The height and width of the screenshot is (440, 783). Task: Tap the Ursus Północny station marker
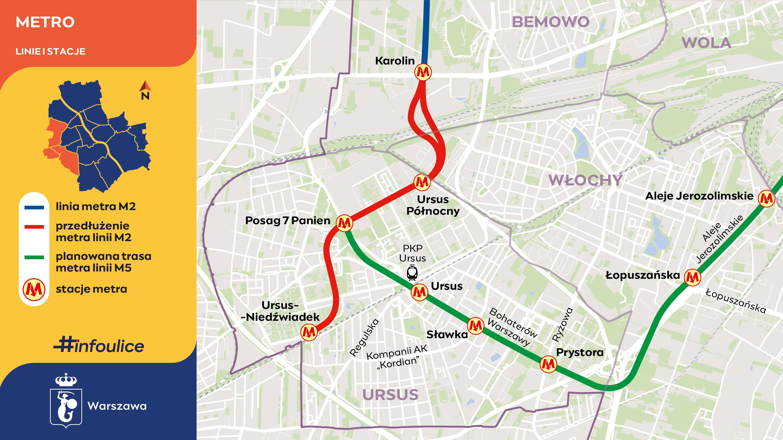pyautogui.click(x=422, y=182)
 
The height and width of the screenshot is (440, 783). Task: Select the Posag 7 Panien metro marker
pyautogui.click(x=344, y=223)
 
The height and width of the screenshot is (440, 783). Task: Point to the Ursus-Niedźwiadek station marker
pyautogui.click(x=309, y=332)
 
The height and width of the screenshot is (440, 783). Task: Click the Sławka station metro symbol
pyautogui.click(x=475, y=326)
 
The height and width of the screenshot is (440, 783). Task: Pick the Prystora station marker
pyautogui.click(x=548, y=364)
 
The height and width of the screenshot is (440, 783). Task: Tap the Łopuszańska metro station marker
pyautogui.click(x=693, y=277)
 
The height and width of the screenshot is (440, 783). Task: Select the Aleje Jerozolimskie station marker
pyautogui.click(x=766, y=199)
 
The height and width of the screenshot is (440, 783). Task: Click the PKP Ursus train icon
pyautogui.click(x=412, y=272)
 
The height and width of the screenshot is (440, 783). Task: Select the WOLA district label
pyautogui.click(x=706, y=43)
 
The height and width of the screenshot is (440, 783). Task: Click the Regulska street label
pyautogui.click(x=364, y=337)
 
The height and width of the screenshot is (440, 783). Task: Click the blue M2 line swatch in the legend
pyautogui.click(x=34, y=208)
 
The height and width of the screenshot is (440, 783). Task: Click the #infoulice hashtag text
pyautogui.click(x=99, y=345)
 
